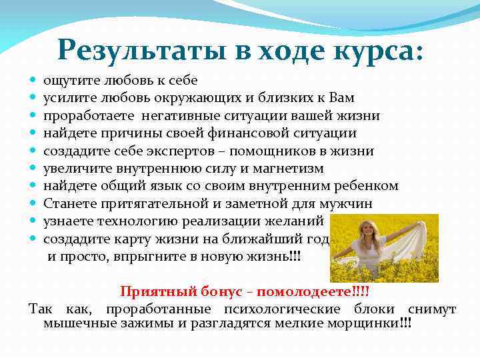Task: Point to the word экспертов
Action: [193, 151]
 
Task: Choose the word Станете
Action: [67, 203]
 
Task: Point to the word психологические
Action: [275, 309]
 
